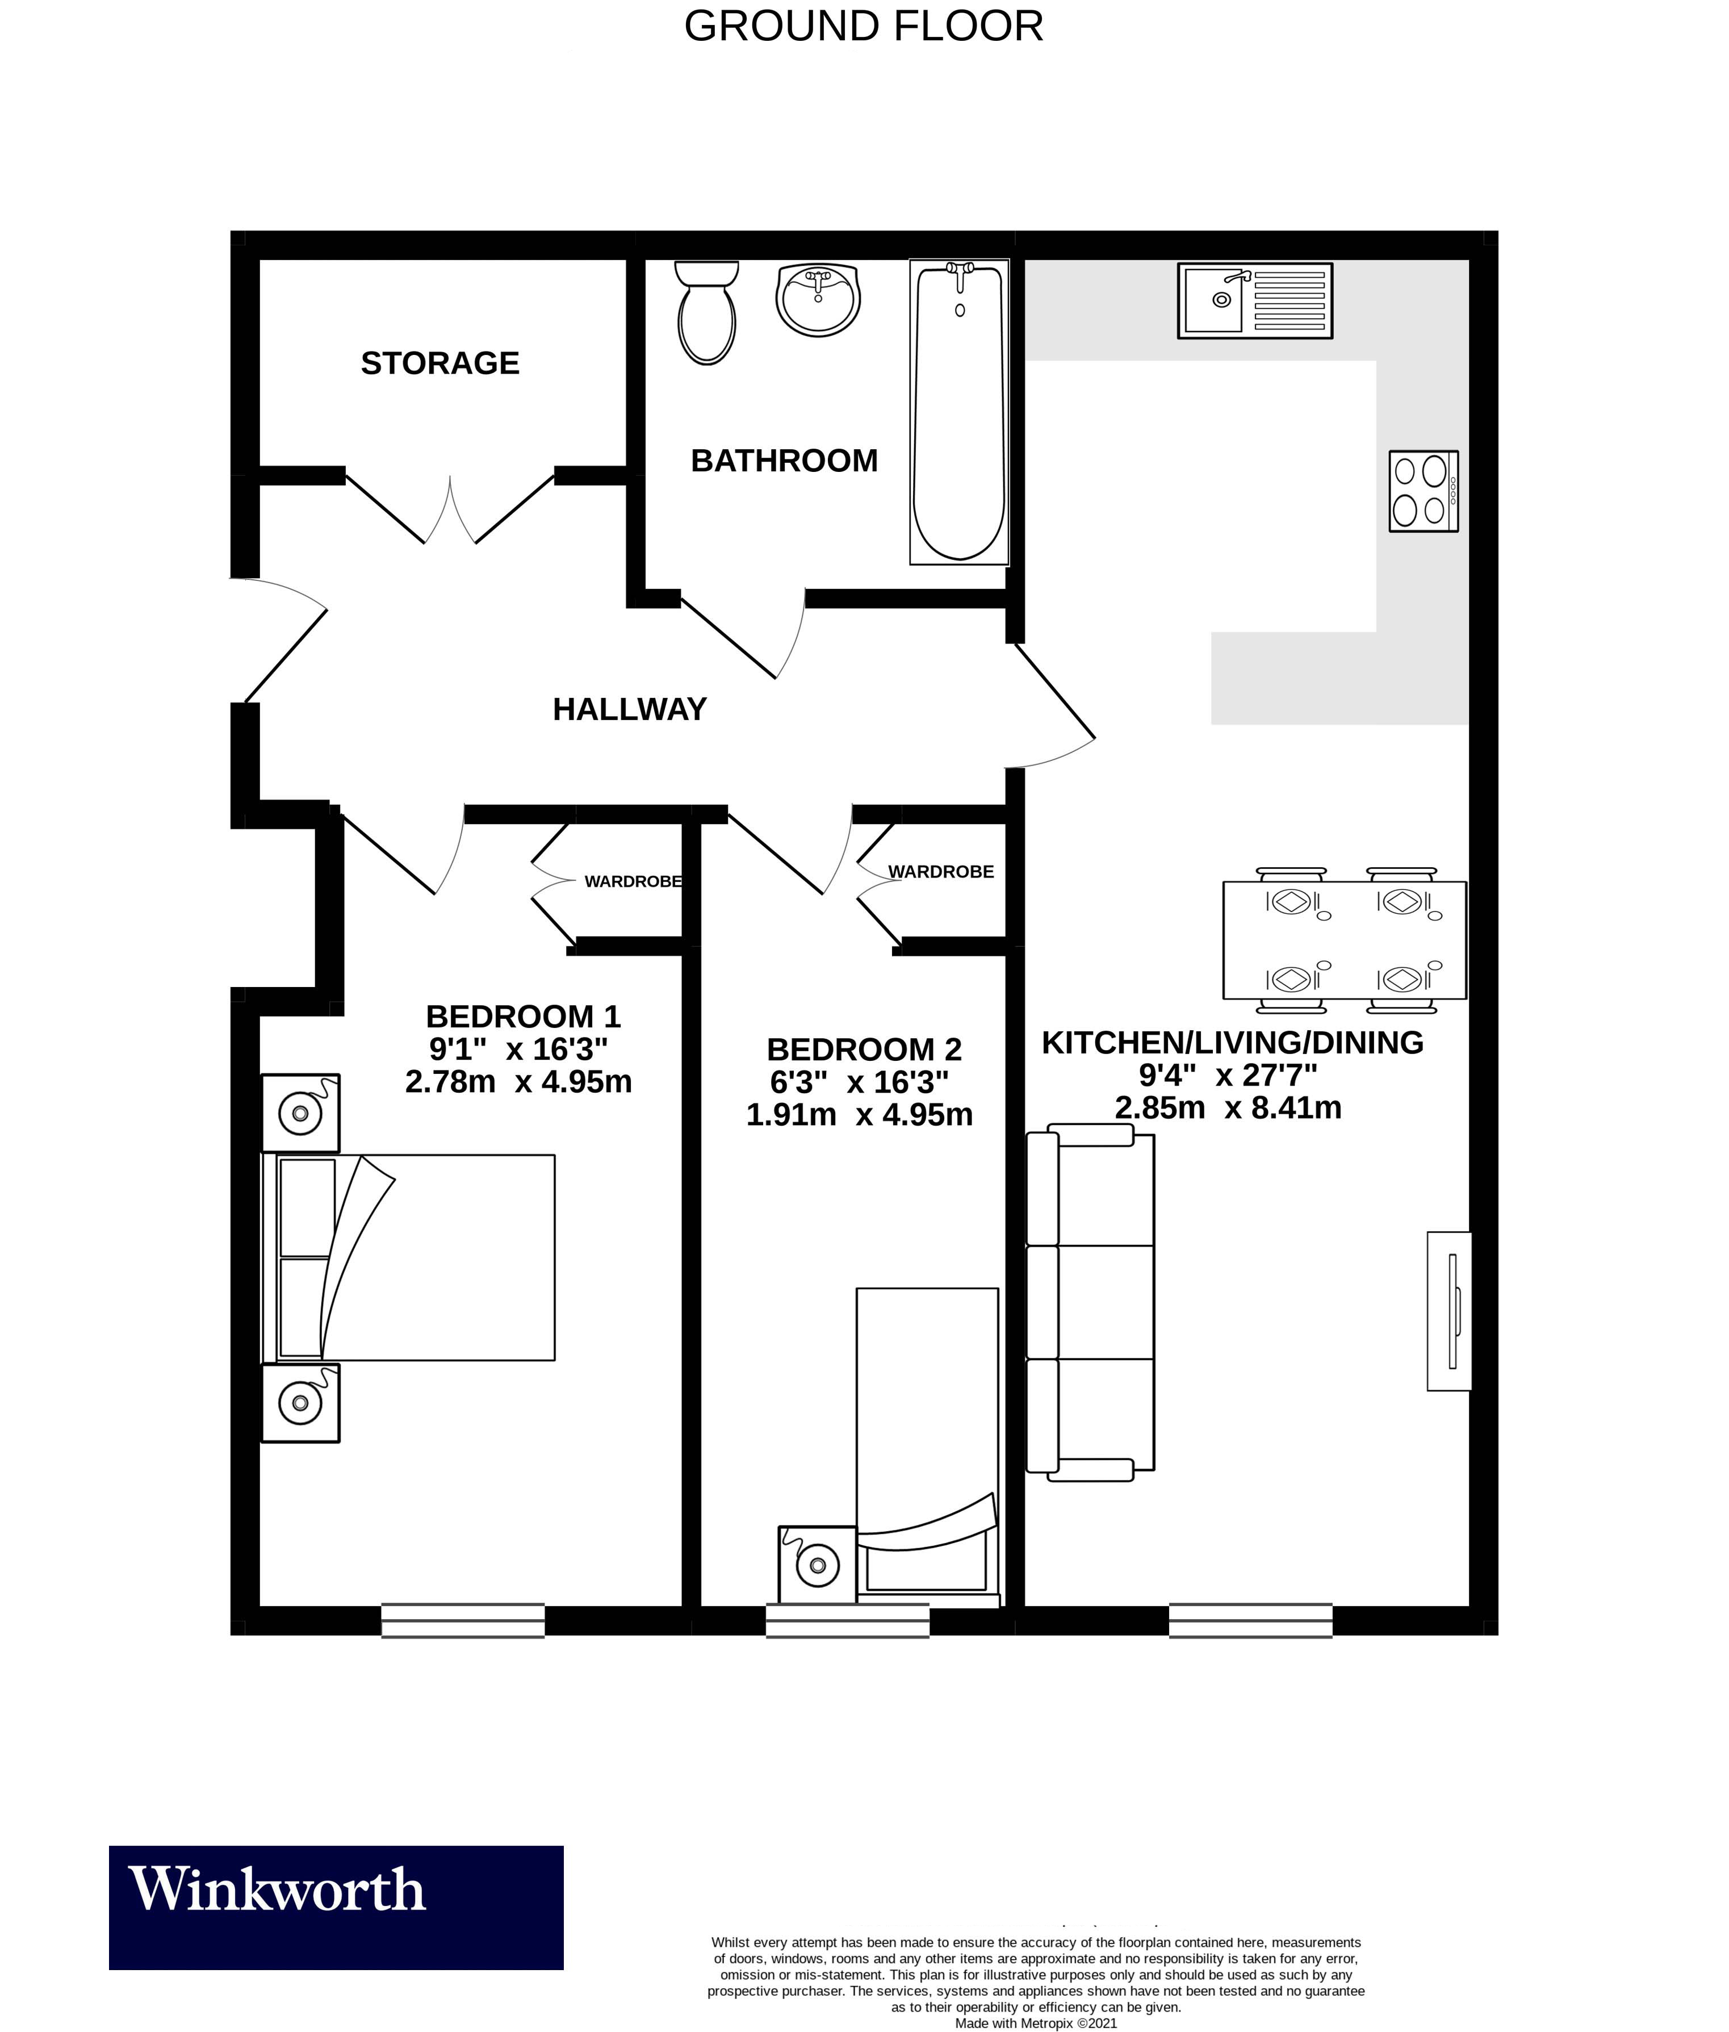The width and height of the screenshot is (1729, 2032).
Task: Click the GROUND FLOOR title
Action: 864,27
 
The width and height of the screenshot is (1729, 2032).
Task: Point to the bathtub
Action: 958,412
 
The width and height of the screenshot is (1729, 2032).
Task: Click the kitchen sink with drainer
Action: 1255,301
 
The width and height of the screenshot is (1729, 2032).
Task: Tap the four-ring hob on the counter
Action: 1423,491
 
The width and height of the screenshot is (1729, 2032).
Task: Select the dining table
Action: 1344,940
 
